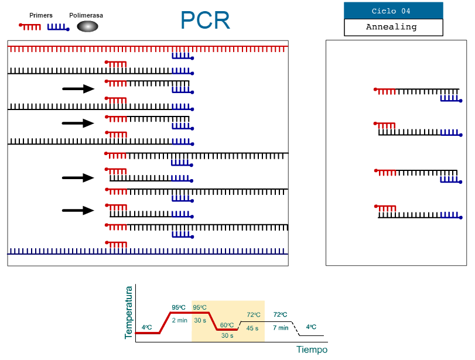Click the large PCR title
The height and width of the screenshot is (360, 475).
coord(205,20)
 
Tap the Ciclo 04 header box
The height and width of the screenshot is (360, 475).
coord(393,11)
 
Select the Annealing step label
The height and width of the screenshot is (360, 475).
coord(393,27)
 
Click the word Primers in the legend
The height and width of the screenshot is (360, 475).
coord(41,15)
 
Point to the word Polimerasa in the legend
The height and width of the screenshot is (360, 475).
coord(86,15)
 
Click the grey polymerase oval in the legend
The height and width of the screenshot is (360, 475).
coord(87,26)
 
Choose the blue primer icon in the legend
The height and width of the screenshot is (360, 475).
coord(58,27)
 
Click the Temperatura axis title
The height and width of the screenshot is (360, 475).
coord(129,312)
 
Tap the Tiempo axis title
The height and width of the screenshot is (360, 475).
coord(312,350)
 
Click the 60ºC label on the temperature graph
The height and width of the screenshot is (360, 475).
coord(227,325)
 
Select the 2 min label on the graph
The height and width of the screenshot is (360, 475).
coord(179,320)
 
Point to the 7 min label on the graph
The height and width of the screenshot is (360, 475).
coord(281,327)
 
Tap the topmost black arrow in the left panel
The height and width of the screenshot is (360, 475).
coord(78,89)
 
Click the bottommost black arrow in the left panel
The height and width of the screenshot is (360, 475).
coord(78,211)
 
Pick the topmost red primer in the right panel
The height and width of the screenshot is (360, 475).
coord(385,91)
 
